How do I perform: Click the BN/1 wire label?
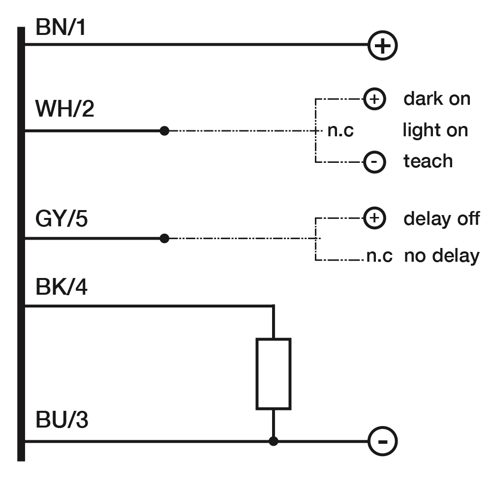61,27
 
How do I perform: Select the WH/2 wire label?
64,109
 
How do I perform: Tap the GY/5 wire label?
61,218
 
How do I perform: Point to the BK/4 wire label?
61,286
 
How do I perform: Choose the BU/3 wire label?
62,420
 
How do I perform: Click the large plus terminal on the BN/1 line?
382,45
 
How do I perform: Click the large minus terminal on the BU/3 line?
382,441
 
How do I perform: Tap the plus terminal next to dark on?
374,99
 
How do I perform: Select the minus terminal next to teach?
374,162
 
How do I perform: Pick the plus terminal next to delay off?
374,218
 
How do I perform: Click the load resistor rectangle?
274,374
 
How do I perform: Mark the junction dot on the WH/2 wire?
164,130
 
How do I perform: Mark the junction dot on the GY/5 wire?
164,239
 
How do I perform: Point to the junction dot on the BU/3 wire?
274,441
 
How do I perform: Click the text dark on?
437,99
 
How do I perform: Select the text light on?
435,130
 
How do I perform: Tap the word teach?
428,161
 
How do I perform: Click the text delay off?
441,218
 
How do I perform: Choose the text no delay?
442,256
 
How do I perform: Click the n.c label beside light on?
340,130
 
